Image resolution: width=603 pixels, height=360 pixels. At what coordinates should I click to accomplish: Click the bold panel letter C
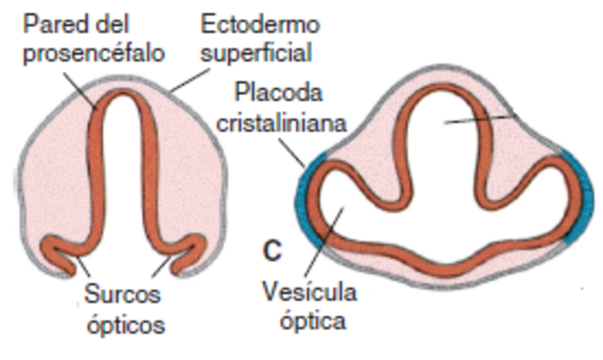[271, 251]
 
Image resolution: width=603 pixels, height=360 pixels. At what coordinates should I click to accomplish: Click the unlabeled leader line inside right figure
[481, 119]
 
